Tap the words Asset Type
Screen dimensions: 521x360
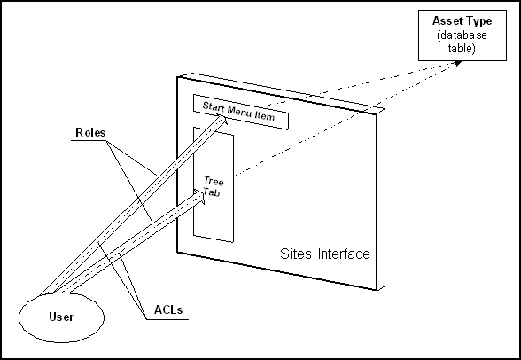(x=463, y=21)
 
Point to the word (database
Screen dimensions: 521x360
(x=463, y=35)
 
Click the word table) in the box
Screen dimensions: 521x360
(x=462, y=48)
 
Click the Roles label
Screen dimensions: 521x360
(x=90, y=132)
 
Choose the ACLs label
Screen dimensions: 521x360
(x=168, y=309)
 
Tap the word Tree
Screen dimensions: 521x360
(x=214, y=181)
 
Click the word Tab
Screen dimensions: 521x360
(x=212, y=192)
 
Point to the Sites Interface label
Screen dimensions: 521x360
(x=325, y=254)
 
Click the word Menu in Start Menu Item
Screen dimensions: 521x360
(x=238, y=112)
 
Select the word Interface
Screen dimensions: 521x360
(x=344, y=254)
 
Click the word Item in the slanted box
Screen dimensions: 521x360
(x=265, y=116)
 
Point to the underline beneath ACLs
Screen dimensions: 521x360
(x=167, y=319)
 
